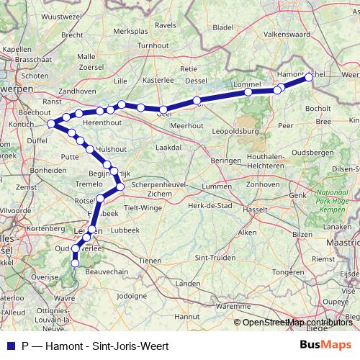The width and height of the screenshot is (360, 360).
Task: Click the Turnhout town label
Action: [x=152, y=45]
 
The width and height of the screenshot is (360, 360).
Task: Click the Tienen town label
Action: [x=150, y=260]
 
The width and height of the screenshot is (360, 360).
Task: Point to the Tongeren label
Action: [x=287, y=272]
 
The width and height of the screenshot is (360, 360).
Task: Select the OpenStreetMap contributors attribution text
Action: [x=296, y=322]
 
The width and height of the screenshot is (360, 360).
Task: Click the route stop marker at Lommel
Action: [x=248, y=92]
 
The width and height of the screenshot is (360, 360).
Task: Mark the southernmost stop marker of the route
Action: [x=76, y=264]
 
